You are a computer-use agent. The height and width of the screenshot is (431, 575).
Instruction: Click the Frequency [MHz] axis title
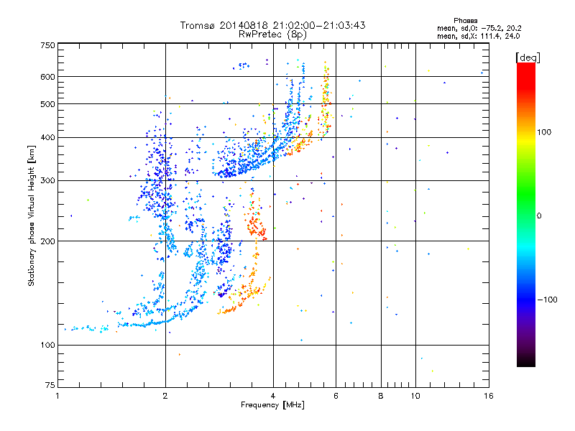pyautogui.click(x=272, y=406)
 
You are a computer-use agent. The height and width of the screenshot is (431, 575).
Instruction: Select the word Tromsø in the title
pyautogui.click(x=199, y=25)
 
